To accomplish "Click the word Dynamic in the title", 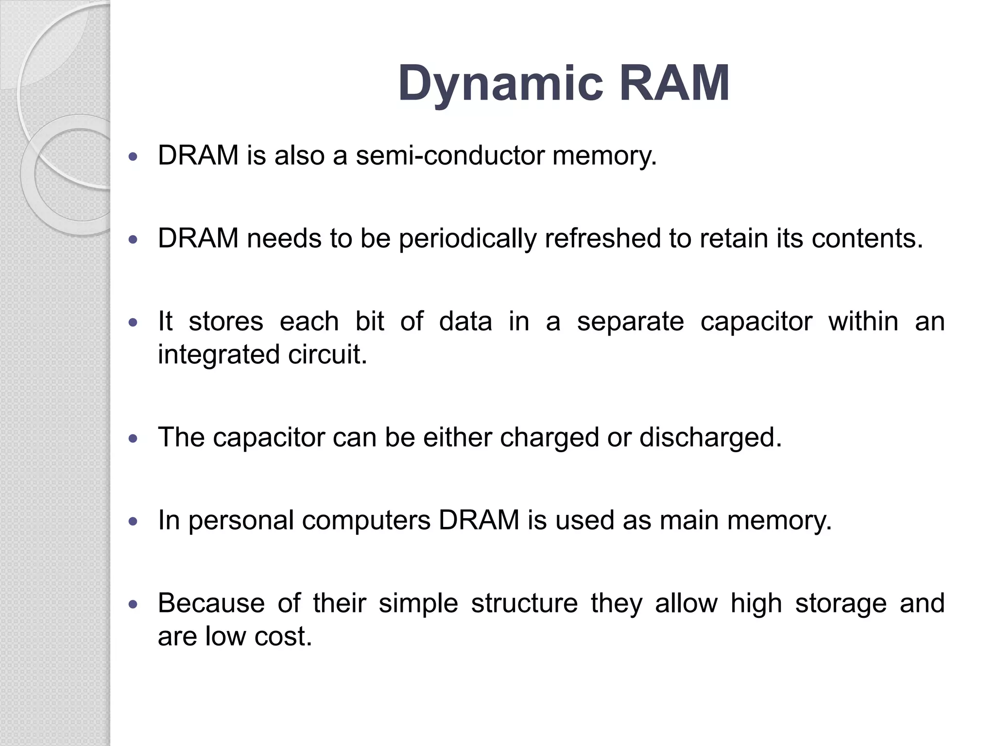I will click(x=500, y=84).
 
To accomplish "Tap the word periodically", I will click(x=467, y=239).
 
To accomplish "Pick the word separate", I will click(x=630, y=322).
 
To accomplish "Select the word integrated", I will click(x=219, y=355).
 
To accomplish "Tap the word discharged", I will click(x=710, y=438).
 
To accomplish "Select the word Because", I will click(x=211, y=603).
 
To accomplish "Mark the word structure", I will click(x=524, y=603).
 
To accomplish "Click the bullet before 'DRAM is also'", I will click(x=133, y=157).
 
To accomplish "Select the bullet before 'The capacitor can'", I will click(x=133, y=439).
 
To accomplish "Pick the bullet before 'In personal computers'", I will click(x=133, y=522).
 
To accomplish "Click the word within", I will click(x=863, y=322).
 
